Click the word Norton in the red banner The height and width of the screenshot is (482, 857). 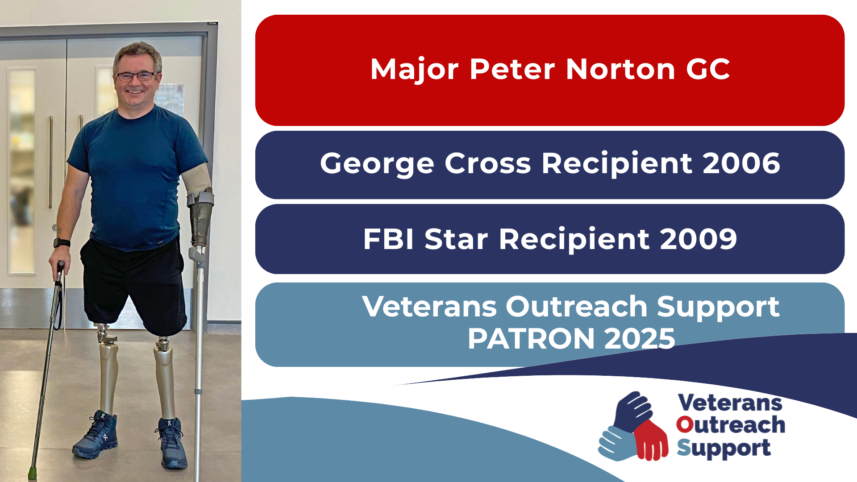[621, 70]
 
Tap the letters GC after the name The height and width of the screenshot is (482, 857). [708, 70]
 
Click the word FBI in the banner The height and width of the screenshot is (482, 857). [388, 239]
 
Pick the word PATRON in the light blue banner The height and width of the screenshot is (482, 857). [531, 339]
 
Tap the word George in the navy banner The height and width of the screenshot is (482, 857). [377, 164]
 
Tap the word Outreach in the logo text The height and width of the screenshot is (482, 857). [731, 425]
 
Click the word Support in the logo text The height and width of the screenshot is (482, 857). [724, 449]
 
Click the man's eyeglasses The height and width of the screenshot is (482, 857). [136, 76]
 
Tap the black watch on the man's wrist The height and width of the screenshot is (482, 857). [62, 243]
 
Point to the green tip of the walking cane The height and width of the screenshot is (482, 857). [32, 473]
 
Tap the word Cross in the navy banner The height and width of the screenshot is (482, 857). [488, 163]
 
